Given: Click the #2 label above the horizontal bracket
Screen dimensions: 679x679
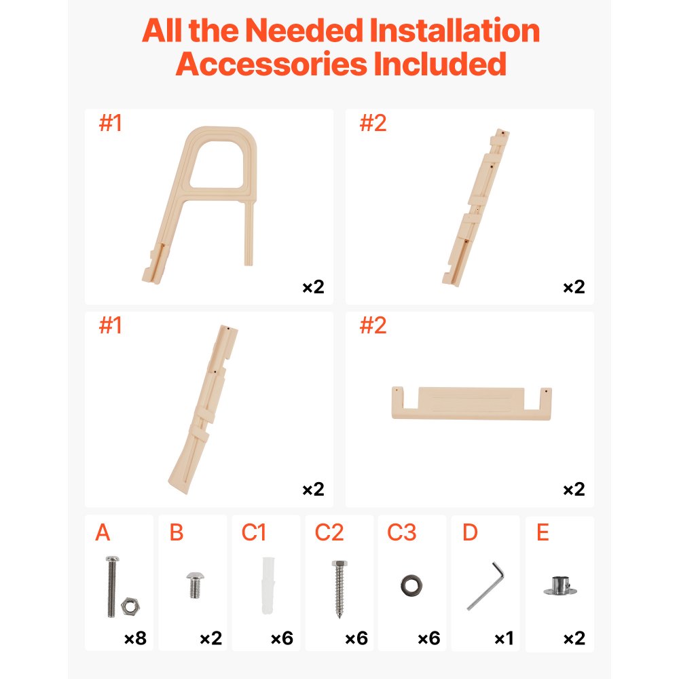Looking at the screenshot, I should pos(372,326).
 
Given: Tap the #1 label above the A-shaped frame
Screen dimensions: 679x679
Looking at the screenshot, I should pos(110,124).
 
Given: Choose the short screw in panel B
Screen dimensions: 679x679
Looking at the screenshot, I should pos(194,585).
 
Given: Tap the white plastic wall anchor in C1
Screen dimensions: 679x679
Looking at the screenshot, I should pos(266,587).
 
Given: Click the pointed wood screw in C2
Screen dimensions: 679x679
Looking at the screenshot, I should pos(339,588).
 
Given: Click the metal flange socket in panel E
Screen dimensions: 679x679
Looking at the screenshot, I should pos(559,585).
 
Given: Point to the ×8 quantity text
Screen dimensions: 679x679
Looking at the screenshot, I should pos(135,638).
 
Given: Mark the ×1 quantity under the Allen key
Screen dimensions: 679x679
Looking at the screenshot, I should pos(503,638).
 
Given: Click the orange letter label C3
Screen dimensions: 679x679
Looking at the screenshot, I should pos(401,533).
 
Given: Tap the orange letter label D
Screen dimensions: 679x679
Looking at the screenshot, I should pos(470,533).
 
